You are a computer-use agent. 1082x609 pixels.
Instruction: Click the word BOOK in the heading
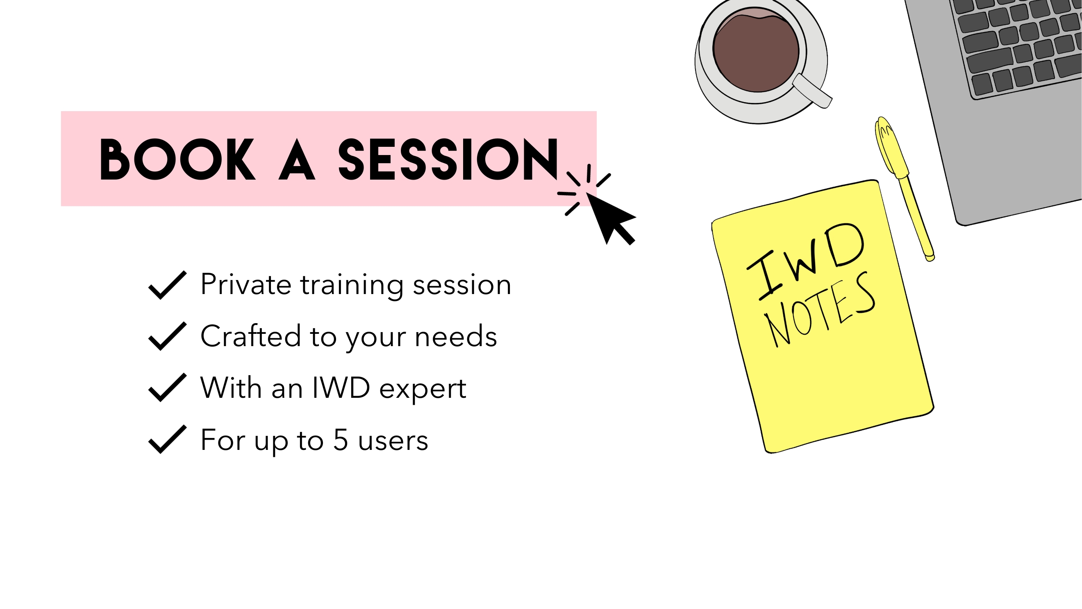tap(177, 159)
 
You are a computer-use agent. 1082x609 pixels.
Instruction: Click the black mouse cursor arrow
tap(611, 218)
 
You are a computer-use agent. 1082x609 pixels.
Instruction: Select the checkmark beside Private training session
tap(168, 285)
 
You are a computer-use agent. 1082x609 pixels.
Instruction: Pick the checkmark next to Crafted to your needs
tap(168, 336)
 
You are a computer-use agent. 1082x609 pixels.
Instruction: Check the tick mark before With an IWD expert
tap(168, 388)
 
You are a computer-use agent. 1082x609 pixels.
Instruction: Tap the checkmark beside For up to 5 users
tap(168, 440)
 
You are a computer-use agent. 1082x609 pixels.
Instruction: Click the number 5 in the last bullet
tap(341, 440)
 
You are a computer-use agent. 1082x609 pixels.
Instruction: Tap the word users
tap(393, 442)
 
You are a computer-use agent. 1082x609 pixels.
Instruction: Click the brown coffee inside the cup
tap(756, 51)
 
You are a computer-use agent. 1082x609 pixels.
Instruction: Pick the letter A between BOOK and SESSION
tap(297, 159)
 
